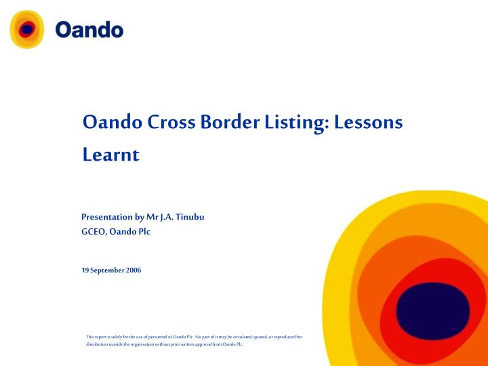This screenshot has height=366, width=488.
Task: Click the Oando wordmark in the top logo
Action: coord(89,30)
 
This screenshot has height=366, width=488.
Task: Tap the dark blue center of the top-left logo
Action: coord(27,29)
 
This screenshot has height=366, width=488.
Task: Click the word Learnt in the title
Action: coord(110,155)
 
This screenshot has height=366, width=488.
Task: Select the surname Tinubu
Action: coord(190,217)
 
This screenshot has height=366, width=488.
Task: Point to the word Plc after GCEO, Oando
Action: coord(143,231)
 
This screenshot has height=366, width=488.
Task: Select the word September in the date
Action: coord(107,270)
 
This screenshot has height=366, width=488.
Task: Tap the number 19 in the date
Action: coord(85,270)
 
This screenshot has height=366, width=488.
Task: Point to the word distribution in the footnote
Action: coord(99,344)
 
